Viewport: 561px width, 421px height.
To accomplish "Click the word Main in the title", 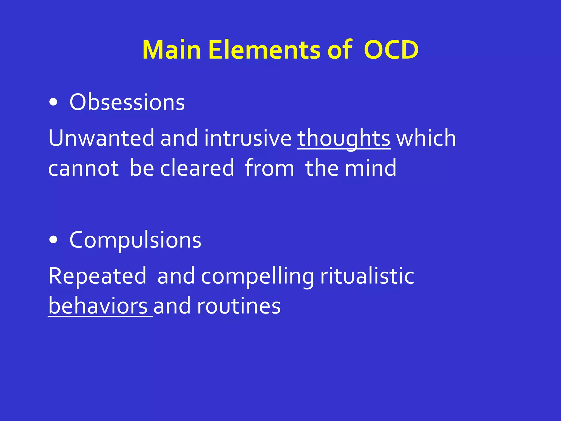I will [x=171, y=50].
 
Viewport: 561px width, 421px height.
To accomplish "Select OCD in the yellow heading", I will [x=391, y=50].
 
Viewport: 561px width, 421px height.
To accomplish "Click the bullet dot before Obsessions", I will [x=53, y=103].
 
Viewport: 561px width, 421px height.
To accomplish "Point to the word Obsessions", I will [x=127, y=102].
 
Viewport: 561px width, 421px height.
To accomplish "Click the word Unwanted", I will [x=101, y=138].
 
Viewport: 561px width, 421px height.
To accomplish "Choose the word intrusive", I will [x=248, y=138].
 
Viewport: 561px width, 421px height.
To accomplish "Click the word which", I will [x=426, y=138].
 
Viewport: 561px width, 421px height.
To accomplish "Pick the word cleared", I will [x=197, y=168].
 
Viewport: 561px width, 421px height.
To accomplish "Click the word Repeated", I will [x=97, y=276].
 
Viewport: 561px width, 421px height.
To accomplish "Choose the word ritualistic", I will [x=367, y=276].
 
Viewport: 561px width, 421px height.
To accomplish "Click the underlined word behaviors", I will [x=98, y=306].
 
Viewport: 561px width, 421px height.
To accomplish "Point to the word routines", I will [x=239, y=306].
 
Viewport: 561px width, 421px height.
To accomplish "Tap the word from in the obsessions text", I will [x=269, y=168].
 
